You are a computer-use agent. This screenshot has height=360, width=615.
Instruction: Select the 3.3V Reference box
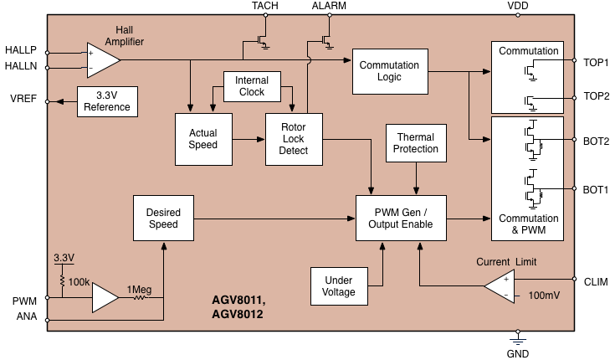[107, 101]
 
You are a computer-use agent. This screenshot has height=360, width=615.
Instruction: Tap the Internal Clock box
[251, 86]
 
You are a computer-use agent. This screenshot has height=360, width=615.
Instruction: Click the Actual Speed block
[202, 138]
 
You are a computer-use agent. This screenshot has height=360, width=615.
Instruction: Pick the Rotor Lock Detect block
[293, 138]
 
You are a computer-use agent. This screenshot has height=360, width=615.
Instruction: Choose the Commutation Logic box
[390, 71]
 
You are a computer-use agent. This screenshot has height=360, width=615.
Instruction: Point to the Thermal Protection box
[417, 142]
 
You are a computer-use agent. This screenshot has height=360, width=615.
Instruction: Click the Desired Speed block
[163, 219]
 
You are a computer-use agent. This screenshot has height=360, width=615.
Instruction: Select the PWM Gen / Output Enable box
[401, 219]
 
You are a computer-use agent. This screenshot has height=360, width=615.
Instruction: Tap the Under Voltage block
[339, 286]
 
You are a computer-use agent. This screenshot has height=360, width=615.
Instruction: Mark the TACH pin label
[264, 6]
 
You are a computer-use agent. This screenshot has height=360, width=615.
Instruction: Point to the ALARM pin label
[328, 6]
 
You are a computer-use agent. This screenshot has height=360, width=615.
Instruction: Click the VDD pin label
[518, 6]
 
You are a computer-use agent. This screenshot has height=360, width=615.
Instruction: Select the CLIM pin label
[596, 281]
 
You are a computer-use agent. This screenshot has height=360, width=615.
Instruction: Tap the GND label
[519, 354]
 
